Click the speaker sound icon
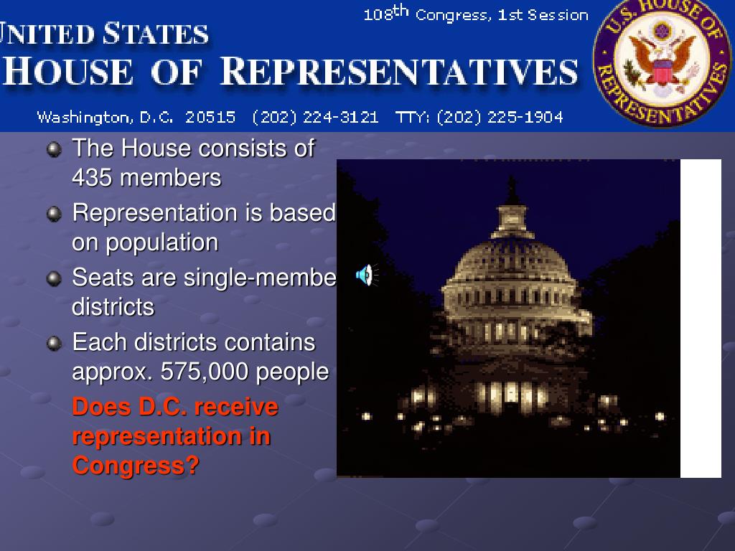(x=365, y=274)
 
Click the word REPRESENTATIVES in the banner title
(x=399, y=73)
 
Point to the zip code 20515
(x=210, y=118)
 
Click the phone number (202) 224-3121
(x=315, y=118)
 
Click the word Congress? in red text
(x=136, y=466)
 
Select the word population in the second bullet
(x=162, y=242)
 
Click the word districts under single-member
(x=113, y=307)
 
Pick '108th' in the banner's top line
(x=385, y=14)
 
